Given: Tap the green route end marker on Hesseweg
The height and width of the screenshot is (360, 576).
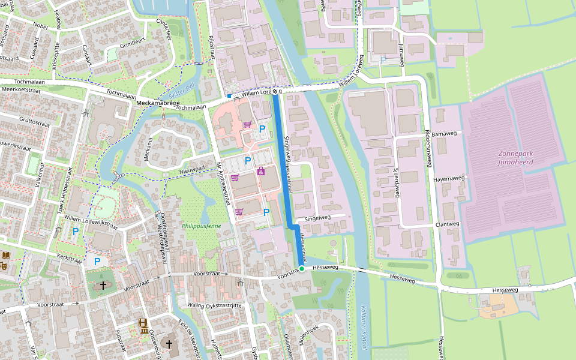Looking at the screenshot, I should click(302, 269).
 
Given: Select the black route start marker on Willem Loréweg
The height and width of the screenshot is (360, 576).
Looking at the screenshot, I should click(275, 92).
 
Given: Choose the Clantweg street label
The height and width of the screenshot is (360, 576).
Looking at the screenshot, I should click(448, 224).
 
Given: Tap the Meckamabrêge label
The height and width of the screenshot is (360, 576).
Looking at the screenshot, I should click(158, 103).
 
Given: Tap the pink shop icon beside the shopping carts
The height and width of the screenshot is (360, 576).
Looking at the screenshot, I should click(260, 172).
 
